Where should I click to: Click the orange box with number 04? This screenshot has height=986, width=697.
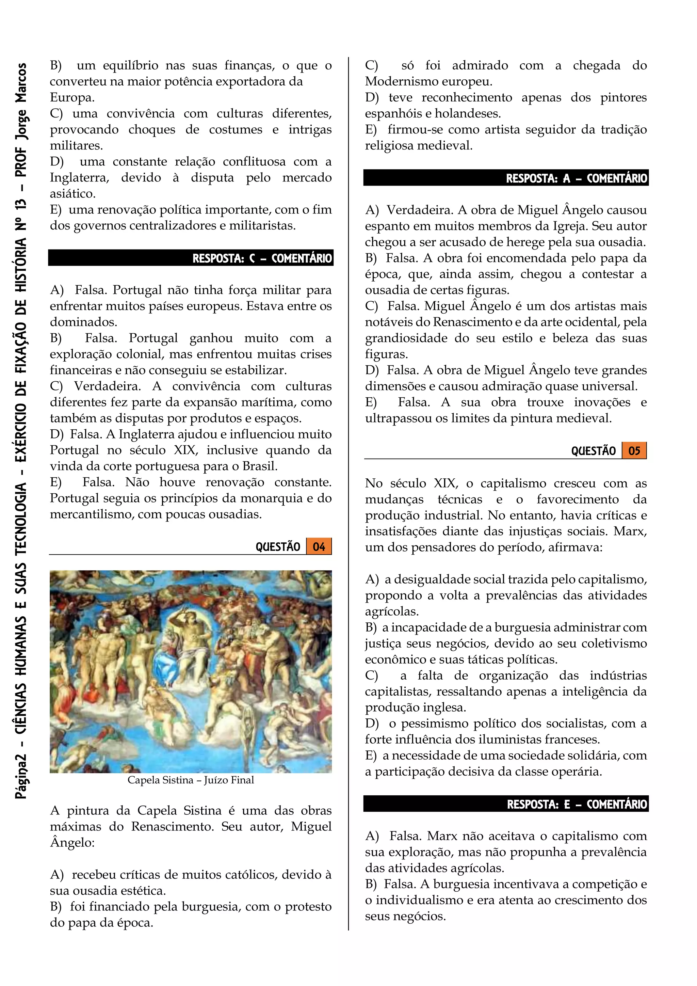tap(319, 547)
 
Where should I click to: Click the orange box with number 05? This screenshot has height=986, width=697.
tap(634, 451)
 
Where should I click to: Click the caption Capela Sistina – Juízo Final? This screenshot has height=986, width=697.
tap(191, 780)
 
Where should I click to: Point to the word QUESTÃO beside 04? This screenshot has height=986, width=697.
tap(278, 547)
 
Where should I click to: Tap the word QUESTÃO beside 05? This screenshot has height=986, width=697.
tap(593, 451)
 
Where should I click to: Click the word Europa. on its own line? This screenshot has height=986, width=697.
tap(72, 97)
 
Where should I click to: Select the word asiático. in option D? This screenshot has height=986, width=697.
tap(72, 194)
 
